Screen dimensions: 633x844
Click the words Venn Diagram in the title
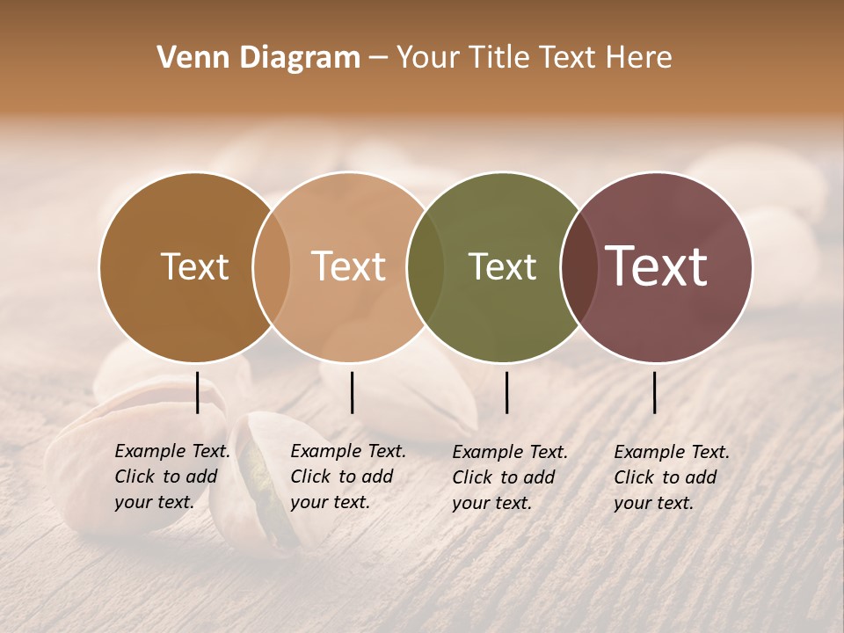(258, 58)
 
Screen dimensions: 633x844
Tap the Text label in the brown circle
(194, 266)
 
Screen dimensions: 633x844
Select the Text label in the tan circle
(349, 266)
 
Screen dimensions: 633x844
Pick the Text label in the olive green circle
(502, 266)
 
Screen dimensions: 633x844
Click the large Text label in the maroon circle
(657, 266)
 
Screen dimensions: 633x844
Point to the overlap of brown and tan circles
(272, 267)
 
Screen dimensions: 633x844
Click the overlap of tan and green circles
(426, 267)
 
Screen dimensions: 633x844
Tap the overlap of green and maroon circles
(578, 267)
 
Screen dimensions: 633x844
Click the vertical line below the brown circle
(198, 392)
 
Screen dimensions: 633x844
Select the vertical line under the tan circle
(352, 392)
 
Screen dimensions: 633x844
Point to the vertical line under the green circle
(506, 392)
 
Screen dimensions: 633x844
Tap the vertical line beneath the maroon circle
(655, 392)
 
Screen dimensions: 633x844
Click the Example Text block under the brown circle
(172, 477)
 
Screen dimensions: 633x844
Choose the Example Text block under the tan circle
(348, 477)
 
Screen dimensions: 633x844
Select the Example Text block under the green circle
(510, 477)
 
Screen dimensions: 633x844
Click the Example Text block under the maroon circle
(672, 477)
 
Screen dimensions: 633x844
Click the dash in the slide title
(377, 59)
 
